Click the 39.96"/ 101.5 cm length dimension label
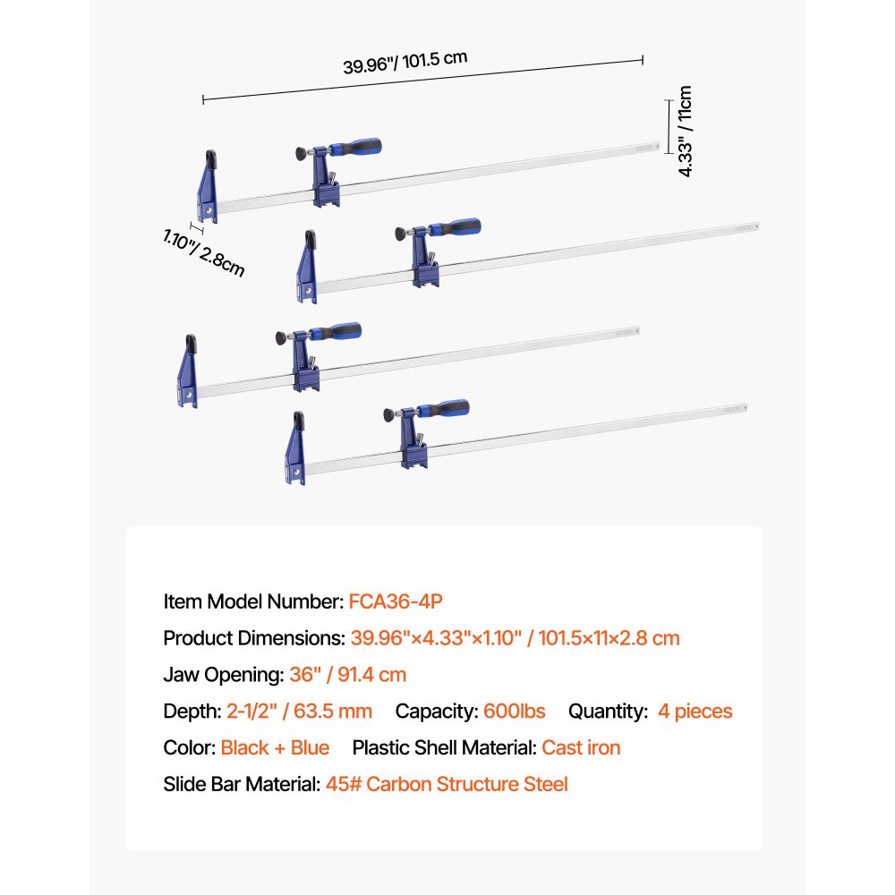(405, 63)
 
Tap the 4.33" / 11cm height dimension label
(685, 132)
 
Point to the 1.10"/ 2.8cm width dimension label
(204, 252)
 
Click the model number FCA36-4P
(396, 601)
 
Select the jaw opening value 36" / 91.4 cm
(347, 674)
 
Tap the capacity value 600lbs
(515, 711)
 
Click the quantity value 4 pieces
(695, 712)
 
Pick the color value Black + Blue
(275, 747)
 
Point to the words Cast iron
(581, 747)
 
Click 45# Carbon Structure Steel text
(447, 784)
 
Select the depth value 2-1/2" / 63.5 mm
(299, 711)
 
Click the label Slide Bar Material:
(242, 784)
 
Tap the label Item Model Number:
(253, 601)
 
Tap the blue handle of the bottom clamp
(444, 409)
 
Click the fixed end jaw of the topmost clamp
(208, 186)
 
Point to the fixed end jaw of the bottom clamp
(295, 448)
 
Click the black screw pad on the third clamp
(281, 338)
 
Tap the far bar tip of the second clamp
(757, 226)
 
